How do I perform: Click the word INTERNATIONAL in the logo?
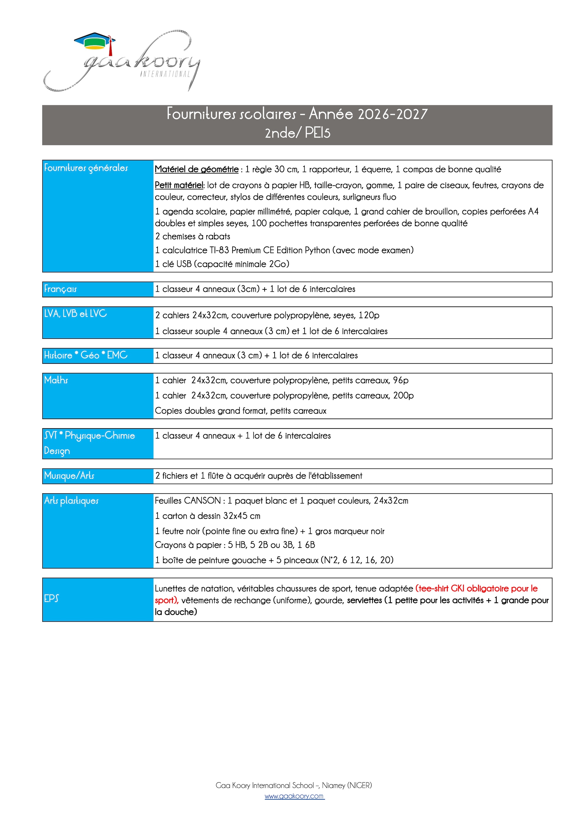click(165, 74)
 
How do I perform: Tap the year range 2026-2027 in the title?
click(392, 114)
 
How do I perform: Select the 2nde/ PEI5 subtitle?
click(298, 133)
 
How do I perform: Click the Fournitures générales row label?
click(86, 168)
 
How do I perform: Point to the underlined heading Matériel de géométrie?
click(196, 169)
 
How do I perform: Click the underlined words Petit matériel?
click(179, 185)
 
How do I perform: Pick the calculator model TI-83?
click(219, 250)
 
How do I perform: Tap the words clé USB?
click(177, 264)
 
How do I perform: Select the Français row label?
click(61, 289)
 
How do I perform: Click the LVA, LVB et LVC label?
click(75, 314)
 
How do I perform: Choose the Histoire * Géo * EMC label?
click(86, 355)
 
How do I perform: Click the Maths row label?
click(56, 380)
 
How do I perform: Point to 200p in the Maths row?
click(403, 395)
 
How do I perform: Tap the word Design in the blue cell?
click(57, 451)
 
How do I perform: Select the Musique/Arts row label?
click(69, 476)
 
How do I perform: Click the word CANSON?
click(203, 501)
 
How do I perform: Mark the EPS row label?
click(51, 598)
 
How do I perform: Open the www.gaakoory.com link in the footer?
click(294, 796)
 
